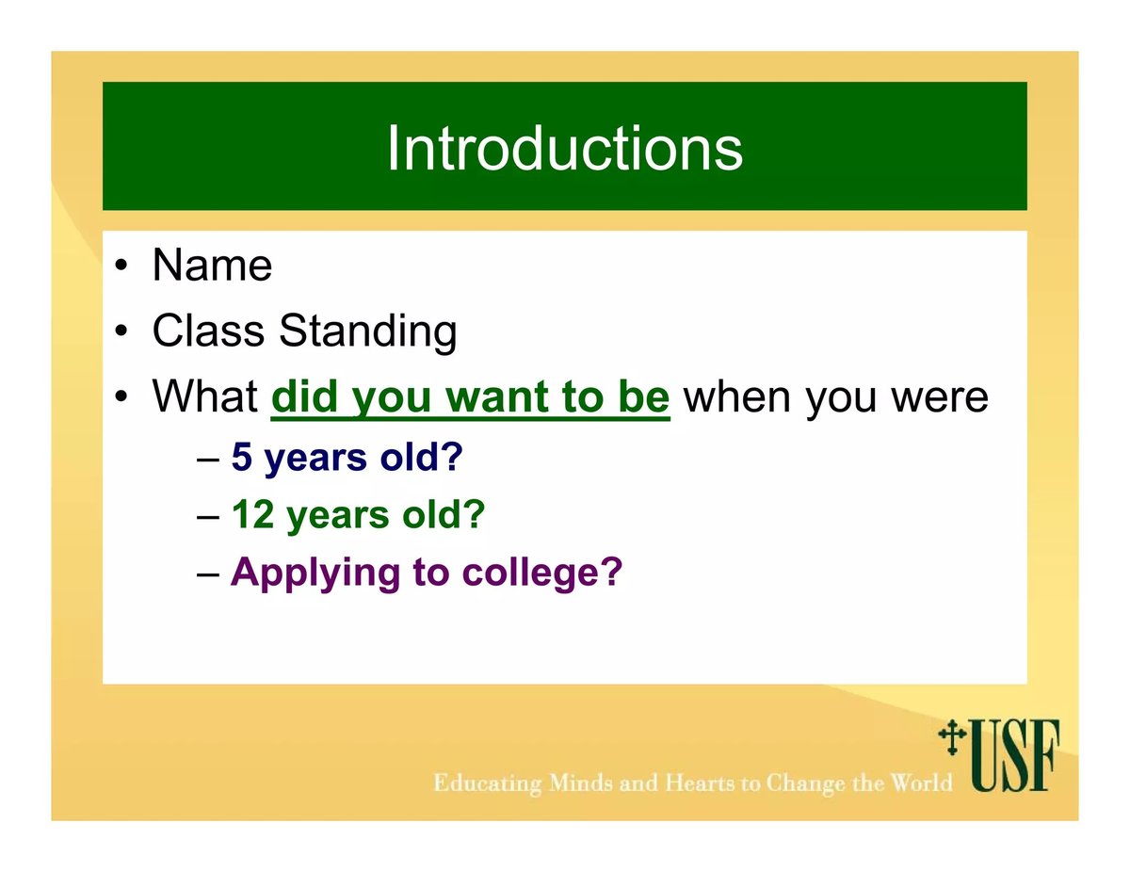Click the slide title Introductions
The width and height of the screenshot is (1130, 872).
click(x=565, y=148)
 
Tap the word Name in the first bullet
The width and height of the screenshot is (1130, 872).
click(x=212, y=266)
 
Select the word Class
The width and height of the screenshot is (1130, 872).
click(x=208, y=331)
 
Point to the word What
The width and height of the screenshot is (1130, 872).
click(x=205, y=396)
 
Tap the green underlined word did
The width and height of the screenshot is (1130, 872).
click(x=305, y=396)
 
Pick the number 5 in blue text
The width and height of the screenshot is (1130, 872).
click(x=242, y=457)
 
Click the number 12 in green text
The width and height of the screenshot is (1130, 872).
click(x=252, y=514)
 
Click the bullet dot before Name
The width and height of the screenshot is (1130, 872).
click(x=121, y=266)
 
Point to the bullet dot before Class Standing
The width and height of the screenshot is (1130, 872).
click(x=121, y=331)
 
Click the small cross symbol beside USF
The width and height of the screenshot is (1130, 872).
click(x=952, y=737)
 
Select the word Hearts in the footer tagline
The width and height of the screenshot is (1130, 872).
click(x=701, y=783)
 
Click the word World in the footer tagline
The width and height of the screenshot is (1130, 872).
click(x=921, y=783)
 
